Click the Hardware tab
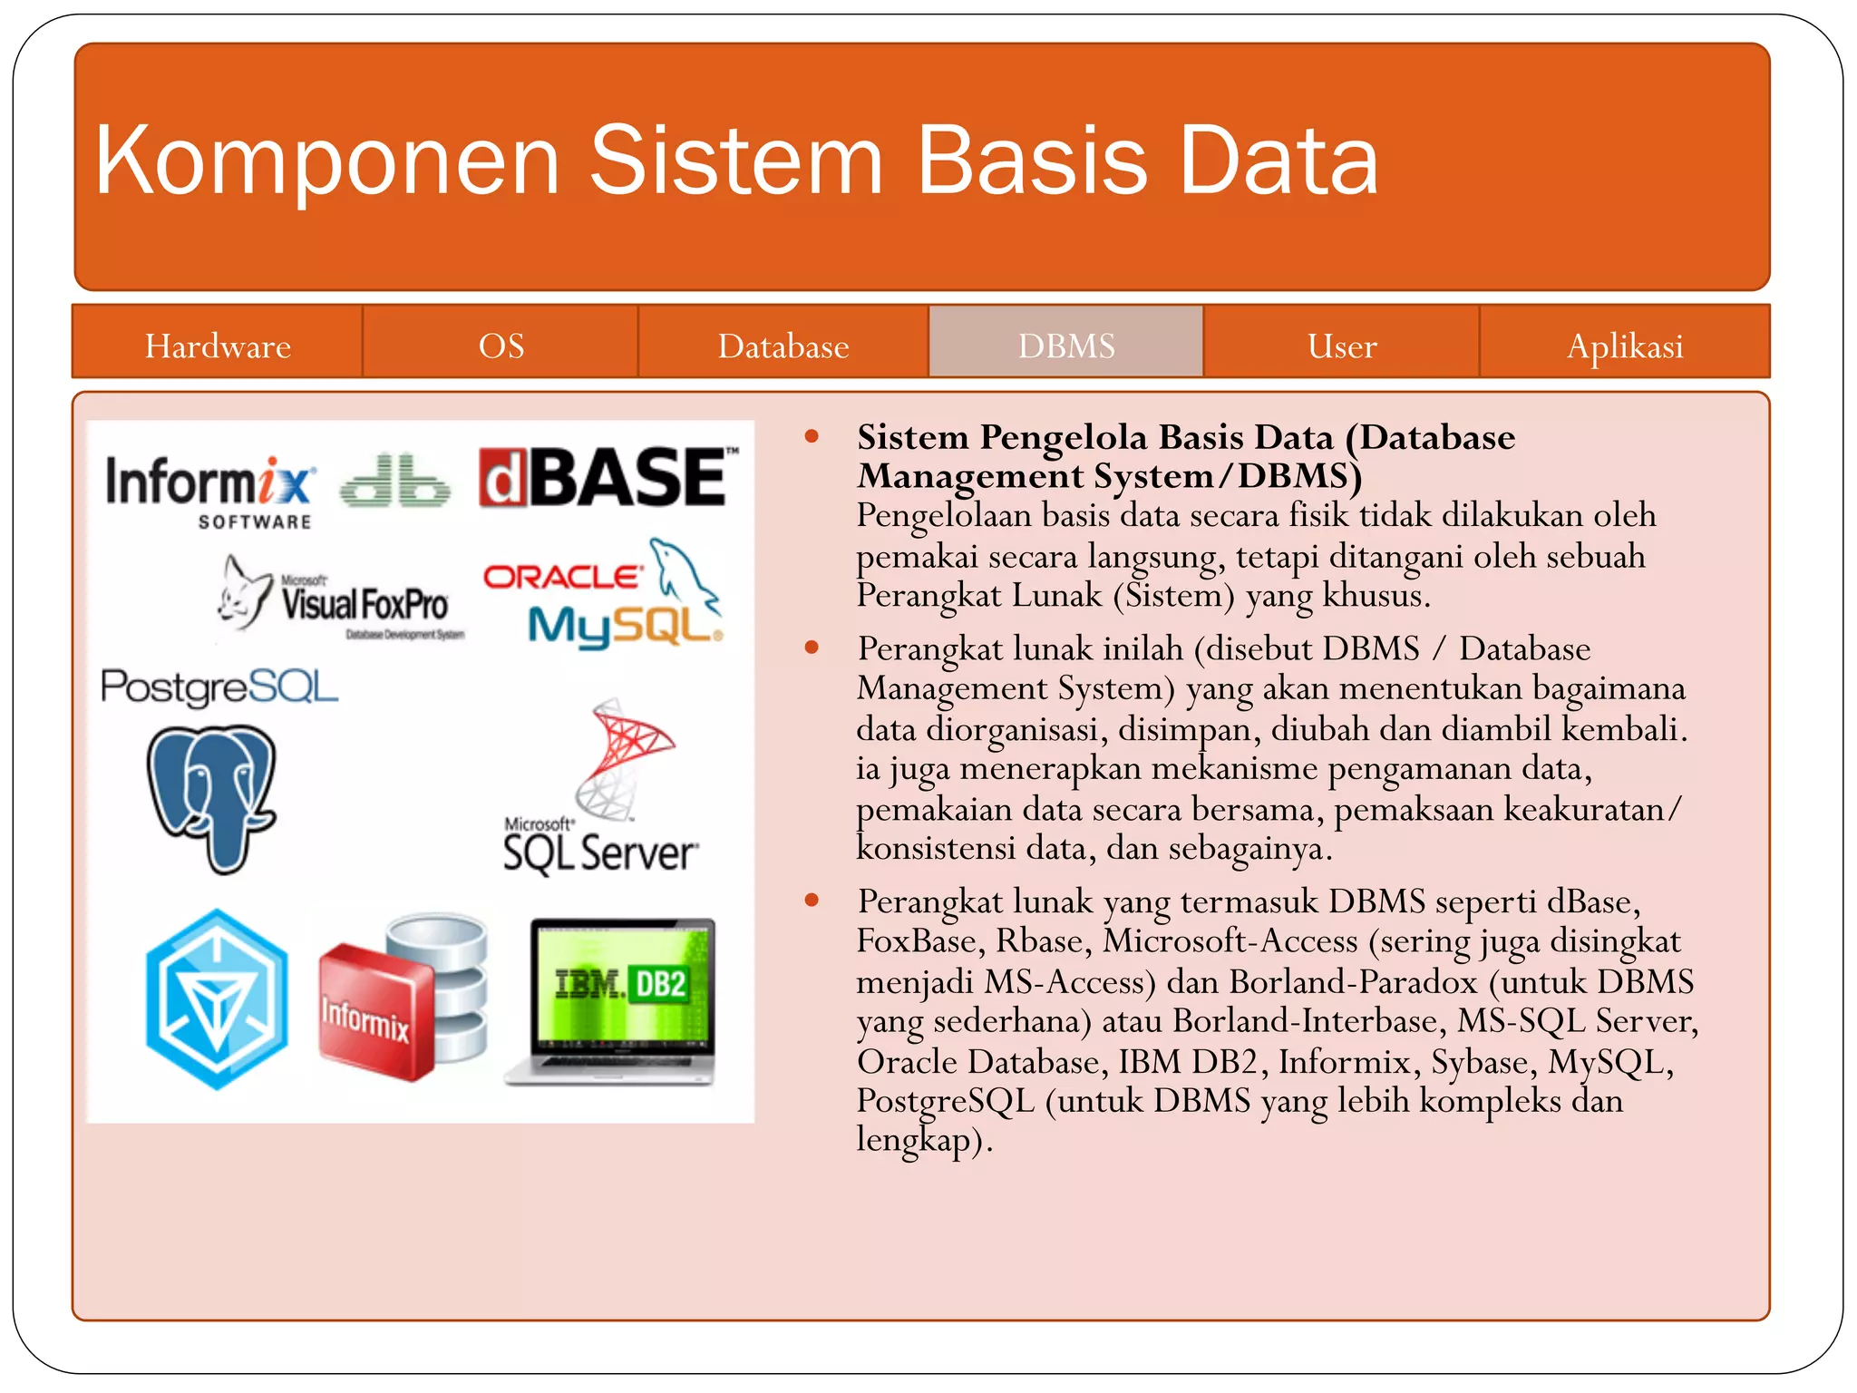click(218, 346)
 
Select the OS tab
click(501, 346)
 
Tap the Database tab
click(783, 346)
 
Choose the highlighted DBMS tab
click(1066, 346)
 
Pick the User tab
click(1342, 346)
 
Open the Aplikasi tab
click(1625, 346)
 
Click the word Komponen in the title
click(326, 161)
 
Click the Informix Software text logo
click(210, 490)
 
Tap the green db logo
click(394, 481)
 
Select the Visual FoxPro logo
click(345, 599)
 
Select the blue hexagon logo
click(217, 999)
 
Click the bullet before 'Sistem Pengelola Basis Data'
click(812, 438)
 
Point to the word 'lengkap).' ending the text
click(924, 1140)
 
